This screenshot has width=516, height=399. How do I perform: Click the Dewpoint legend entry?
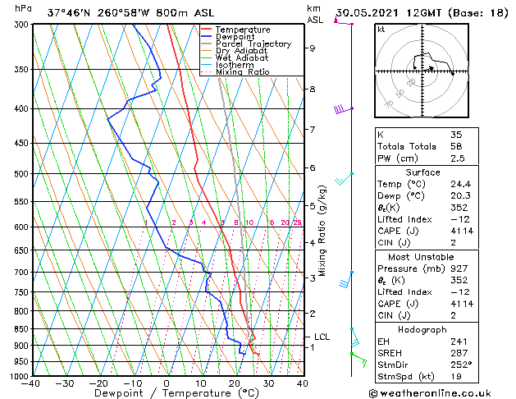pyautogui.click(x=235, y=36)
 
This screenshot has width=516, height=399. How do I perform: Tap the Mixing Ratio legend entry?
pyautogui.click(x=242, y=72)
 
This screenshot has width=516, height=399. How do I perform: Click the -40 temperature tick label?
pyautogui.click(x=32, y=383)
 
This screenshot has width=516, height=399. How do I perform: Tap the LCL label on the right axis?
pyautogui.click(x=322, y=337)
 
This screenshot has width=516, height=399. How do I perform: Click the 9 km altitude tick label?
pyautogui.click(x=312, y=48)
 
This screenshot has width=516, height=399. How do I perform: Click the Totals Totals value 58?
pyautogui.click(x=456, y=146)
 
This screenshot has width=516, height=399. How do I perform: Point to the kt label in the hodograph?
pyautogui.click(x=381, y=29)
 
